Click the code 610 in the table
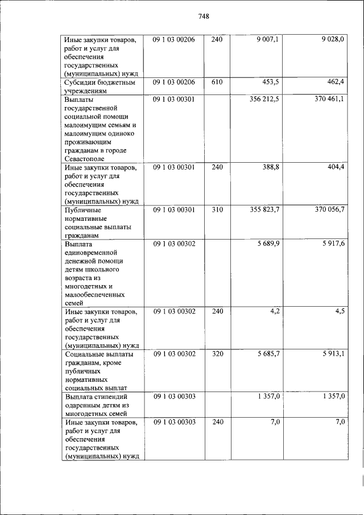217,83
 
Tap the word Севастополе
85,159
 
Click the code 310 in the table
217,210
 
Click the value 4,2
274,311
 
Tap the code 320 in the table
217,354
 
